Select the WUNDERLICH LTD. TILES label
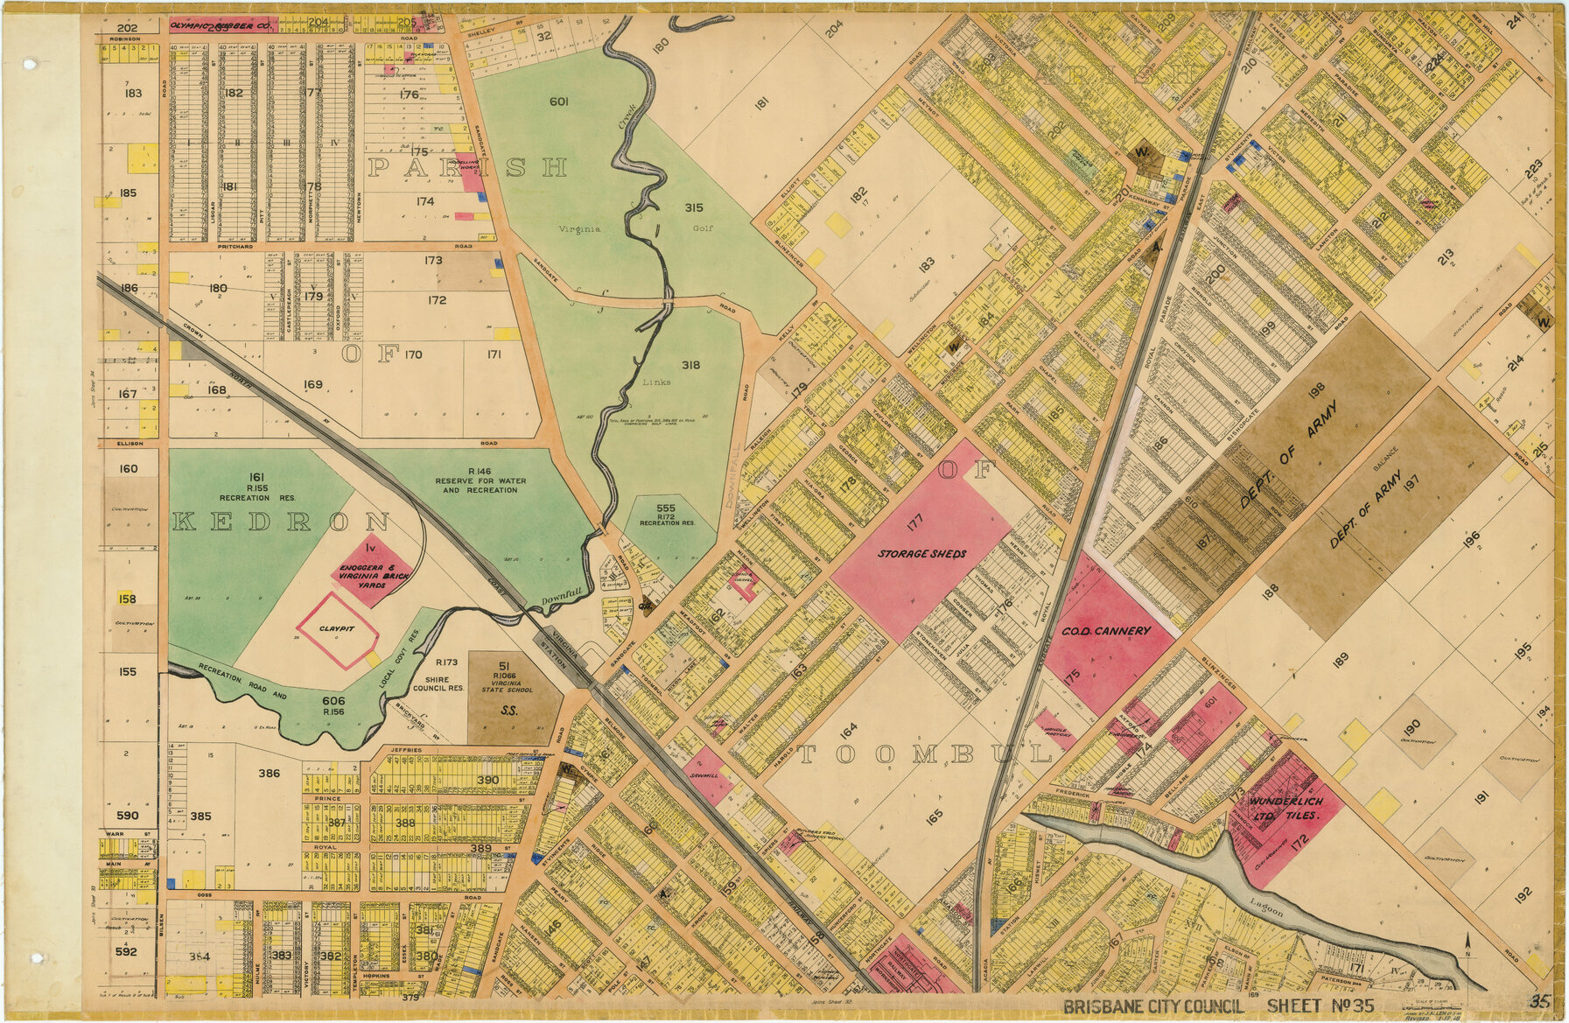point(1285,809)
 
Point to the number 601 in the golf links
point(559,102)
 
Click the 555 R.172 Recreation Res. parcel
point(666,515)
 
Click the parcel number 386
point(269,774)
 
